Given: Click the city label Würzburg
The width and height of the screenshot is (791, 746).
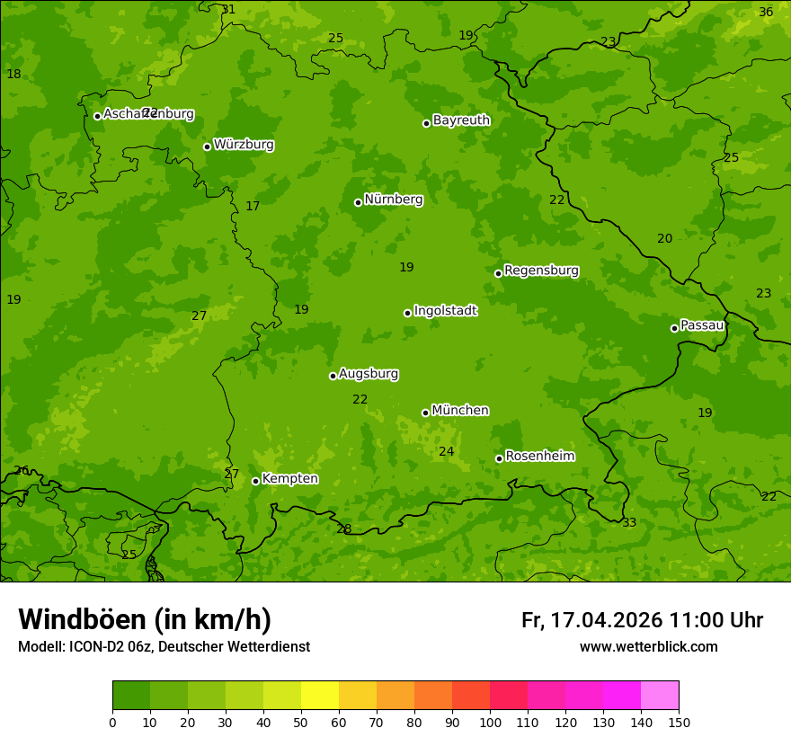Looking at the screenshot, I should (244, 145).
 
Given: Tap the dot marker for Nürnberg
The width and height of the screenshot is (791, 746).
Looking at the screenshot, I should (358, 202).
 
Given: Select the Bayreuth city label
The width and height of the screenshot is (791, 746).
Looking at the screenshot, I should (461, 120).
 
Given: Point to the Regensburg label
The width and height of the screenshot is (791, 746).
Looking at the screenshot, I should (541, 271).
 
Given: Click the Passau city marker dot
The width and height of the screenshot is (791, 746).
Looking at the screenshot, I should (674, 328).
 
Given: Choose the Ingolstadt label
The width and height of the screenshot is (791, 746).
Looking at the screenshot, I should (445, 311).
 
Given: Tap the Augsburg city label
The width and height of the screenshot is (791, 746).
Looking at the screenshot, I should (369, 374).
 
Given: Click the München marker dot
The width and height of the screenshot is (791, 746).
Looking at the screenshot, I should (425, 413).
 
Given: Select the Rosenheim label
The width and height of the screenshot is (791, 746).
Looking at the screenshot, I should (539, 457).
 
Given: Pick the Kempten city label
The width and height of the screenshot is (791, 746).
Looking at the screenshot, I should (289, 479).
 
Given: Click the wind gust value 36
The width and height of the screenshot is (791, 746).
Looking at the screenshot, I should (766, 12).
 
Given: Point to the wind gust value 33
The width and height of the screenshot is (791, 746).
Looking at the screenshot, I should (629, 522).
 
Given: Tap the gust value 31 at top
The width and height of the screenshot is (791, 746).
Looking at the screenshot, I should (229, 10).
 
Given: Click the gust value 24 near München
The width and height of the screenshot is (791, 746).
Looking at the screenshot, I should (446, 451).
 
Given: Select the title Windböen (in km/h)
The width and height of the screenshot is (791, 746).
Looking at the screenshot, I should (145, 619).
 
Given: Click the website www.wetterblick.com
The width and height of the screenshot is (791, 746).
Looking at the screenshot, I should (648, 647).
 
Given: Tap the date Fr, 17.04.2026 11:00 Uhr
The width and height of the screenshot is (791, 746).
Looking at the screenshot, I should (642, 620).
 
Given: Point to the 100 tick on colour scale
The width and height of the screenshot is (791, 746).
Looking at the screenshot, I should (490, 722).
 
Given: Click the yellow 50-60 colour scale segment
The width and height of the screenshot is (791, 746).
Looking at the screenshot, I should (320, 696).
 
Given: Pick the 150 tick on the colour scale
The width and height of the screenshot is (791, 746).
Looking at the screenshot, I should (679, 722).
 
